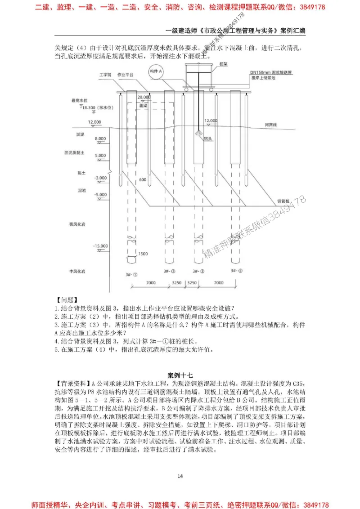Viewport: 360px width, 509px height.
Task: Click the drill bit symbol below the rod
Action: point(198,133)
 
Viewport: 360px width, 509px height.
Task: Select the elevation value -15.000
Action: point(100,246)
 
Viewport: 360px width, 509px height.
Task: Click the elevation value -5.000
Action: point(100,194)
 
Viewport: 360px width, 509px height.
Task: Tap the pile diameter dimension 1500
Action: point(143,254)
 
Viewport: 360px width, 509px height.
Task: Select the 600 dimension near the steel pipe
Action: point(143,180)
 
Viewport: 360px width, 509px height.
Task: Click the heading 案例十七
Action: point(180,375)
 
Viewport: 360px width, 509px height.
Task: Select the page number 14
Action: point(180,476)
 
